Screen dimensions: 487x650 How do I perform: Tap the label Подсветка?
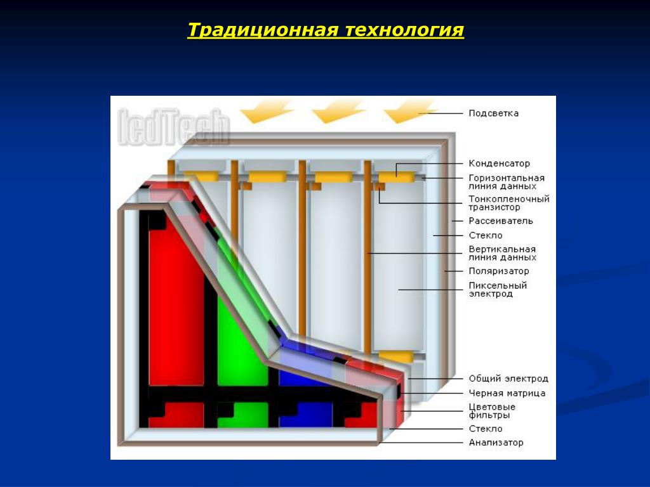(x=493, y=114)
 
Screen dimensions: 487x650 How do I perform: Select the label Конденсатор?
(x=499, y=164)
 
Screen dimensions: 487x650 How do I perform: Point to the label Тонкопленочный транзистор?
(x=508, y=203)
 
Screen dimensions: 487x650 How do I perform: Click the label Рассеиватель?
(x=500, y=221)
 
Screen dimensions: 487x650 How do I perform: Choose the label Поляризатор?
(x=498, y=271)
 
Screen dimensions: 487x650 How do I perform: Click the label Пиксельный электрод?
(x=498, y=290)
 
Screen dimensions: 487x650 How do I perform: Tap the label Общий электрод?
(x=508, y=379)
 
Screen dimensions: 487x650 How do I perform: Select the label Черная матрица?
(x=507, y=394)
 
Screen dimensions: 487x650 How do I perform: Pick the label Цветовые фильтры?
(x=492, y=411)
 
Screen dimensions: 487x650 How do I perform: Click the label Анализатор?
(x=496, y=443)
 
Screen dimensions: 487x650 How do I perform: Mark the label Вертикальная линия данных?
(x=502, y=253)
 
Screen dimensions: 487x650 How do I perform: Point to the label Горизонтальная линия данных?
(x=506, y=182)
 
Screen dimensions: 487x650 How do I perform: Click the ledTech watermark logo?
(x=173, y=127)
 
